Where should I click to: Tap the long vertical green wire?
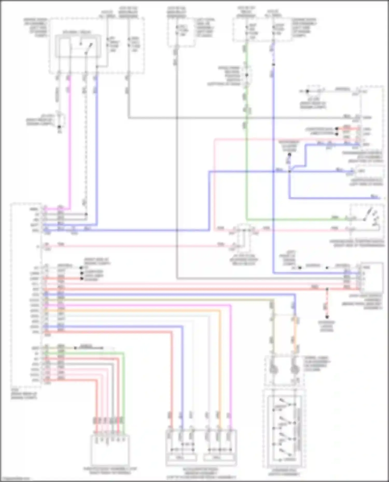246,168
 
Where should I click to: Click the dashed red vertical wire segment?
327,303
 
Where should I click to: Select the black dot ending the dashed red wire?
327,317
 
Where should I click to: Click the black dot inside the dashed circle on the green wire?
247,75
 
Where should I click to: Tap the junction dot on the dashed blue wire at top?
273,64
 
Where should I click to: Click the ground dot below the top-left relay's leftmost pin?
59,127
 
